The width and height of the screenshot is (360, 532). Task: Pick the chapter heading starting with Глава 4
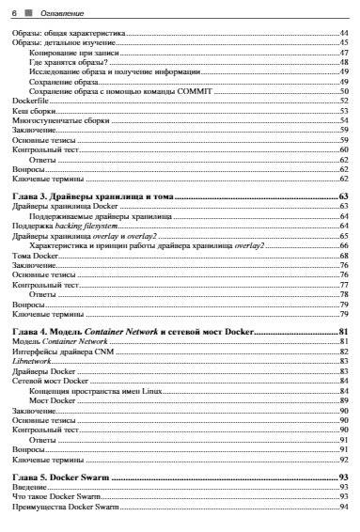click(132, 332)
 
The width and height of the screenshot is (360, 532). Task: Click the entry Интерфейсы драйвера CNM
click(62, 352)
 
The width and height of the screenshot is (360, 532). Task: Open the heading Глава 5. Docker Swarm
click(63, 477)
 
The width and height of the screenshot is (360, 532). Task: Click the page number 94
click(344, 508)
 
